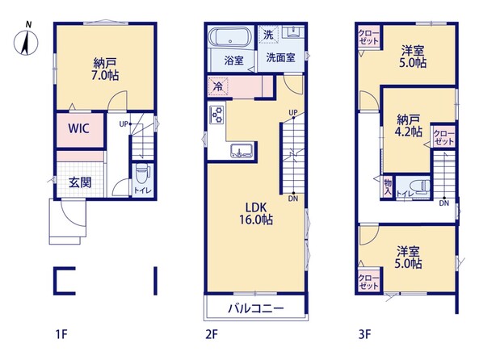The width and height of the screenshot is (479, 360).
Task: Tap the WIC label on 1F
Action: click(x=79, y=128)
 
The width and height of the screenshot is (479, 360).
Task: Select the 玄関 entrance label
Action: click(x=80, y=182)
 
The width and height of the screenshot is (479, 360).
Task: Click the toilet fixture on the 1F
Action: click(x=143, y=172)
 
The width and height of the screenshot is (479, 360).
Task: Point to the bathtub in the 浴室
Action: click(x=231, y=37)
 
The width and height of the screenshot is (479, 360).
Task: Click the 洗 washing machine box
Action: click(x=268, y=35)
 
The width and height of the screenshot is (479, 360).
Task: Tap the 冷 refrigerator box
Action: click(x=218, y=86)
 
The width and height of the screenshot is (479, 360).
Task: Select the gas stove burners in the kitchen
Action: click(x=217, y=115)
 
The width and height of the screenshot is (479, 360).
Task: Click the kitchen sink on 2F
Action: click(x=242, y=150)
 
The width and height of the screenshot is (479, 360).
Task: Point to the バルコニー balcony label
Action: click(x=256, y=308)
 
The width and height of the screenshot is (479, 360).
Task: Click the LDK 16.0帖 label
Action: click(x=256, y=213)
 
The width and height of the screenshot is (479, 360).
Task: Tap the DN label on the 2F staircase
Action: click(x=293, y=199)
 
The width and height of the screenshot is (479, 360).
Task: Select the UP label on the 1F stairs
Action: click(x=123, y=124)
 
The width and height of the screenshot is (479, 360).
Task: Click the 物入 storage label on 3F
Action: click(x=388, y=187)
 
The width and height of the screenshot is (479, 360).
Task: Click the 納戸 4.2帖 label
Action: click(x=410, y=125)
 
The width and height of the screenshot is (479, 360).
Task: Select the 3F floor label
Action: click(x=364, y=334)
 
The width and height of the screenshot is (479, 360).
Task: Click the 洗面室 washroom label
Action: click(x=280, y=57)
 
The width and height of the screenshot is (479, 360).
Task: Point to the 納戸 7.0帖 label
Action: click(x=105, y=69)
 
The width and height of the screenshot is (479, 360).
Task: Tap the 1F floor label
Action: click(x=61, y=334)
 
